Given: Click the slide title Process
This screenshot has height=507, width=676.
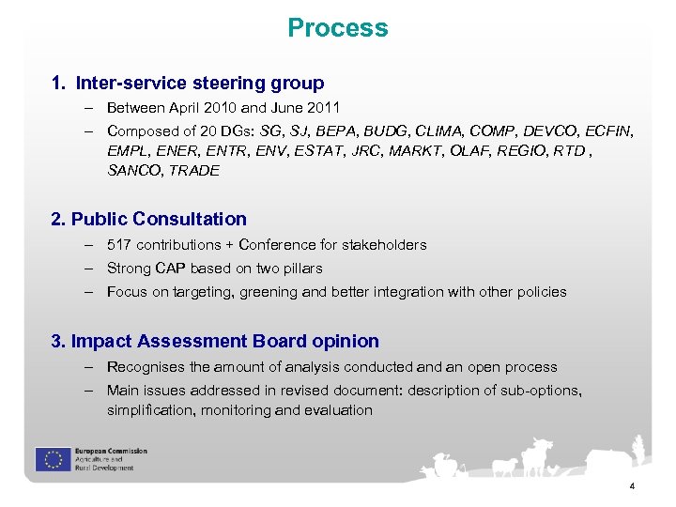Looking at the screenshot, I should (338, 28).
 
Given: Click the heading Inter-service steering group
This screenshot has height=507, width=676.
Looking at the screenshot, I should (199, 83).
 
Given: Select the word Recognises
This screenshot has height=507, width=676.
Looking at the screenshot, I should (143, 367).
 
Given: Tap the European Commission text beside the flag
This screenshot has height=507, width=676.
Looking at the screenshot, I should (105, 452).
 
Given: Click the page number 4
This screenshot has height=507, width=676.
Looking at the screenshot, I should (633, 486).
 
